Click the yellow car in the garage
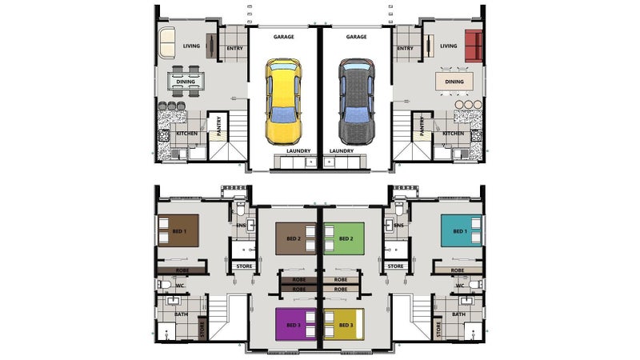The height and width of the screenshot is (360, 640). [284, 102]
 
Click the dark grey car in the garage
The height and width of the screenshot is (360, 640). [357, 102]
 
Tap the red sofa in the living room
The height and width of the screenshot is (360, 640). [474, 46]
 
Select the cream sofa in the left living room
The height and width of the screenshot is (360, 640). [167, 42]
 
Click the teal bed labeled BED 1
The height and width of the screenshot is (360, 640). [462, 231]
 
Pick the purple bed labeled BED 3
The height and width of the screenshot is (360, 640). [296, 325]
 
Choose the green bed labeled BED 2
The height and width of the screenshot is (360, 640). [344, 238]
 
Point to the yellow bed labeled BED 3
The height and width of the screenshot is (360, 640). [344, 325]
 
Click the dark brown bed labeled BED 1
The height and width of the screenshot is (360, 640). [178, 231]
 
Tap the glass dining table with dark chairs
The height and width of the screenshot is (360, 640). [186, 82]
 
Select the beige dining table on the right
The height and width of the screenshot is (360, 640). [454, 82]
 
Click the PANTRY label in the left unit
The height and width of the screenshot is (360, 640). [218, 126]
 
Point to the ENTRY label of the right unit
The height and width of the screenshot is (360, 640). [406, 48]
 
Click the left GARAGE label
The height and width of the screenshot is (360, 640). [284, 37]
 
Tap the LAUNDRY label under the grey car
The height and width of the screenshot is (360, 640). [342, 151]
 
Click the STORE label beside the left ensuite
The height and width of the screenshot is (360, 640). [245, 266]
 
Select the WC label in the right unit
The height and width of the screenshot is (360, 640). [460, 286]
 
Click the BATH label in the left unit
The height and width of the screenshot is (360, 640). [182, 314]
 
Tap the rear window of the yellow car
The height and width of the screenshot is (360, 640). [284, 115]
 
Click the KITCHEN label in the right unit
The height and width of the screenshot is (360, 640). [454, 134]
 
